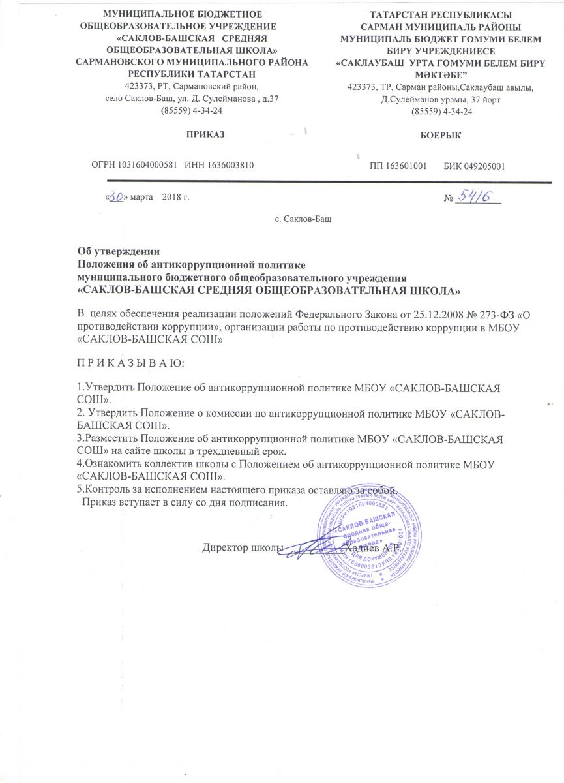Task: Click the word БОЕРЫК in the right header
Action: (428, 134)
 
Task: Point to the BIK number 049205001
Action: (483, 166)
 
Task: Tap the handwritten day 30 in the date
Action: (117, 196)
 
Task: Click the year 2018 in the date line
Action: (171, 197)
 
